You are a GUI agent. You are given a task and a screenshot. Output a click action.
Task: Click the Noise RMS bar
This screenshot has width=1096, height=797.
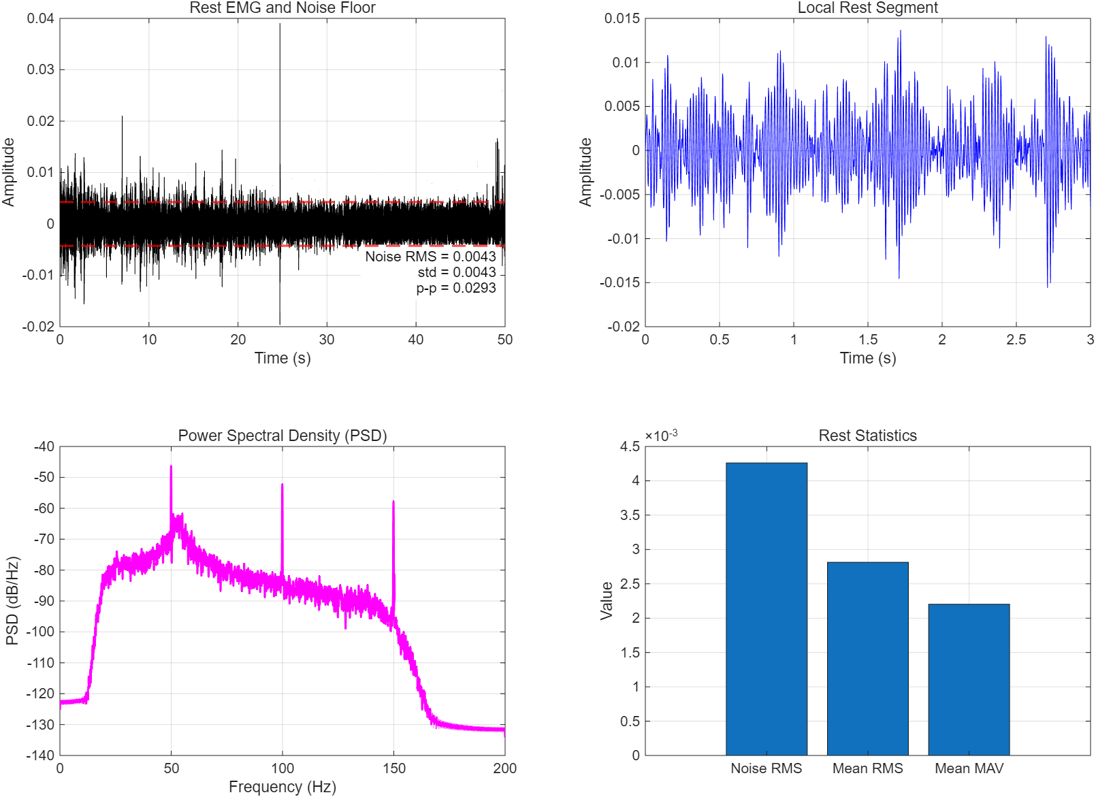(766, 609)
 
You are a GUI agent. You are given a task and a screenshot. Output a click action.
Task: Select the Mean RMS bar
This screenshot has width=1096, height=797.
(867, 659)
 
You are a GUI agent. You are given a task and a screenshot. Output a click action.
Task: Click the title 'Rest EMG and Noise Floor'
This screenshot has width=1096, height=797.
(282, 7)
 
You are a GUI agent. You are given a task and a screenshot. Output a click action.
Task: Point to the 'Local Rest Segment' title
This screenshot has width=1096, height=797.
(867, 7)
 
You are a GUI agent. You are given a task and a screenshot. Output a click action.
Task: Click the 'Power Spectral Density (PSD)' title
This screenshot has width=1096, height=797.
(282, 436)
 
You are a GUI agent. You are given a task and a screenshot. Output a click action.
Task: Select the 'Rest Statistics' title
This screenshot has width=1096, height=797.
(867, 436)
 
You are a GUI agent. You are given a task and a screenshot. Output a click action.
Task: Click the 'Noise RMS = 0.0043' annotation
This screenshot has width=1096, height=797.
(430, 257)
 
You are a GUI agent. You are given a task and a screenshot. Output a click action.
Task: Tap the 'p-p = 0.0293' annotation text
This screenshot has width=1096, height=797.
(456, 288)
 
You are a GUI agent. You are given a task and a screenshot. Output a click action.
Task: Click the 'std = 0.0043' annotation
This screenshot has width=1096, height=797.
(457, 272)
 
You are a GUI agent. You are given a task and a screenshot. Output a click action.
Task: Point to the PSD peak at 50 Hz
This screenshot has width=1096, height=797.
(171, 468)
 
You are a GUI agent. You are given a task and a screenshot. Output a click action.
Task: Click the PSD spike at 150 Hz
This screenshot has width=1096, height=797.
(393, 503)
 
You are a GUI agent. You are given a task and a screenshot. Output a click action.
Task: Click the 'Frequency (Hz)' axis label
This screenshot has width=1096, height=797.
(282, 787)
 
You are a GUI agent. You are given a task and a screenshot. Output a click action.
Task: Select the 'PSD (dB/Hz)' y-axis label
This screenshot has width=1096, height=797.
(12, 600)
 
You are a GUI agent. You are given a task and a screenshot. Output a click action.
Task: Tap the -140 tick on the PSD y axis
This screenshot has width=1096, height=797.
(43, 755)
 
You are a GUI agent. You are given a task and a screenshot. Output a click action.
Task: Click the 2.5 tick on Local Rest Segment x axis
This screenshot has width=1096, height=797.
(1016, 340)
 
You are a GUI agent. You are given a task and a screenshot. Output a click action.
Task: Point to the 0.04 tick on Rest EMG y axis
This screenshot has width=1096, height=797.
(40, 18)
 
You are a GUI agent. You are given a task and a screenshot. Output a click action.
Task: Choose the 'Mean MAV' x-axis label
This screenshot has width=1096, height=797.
(969, 768)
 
